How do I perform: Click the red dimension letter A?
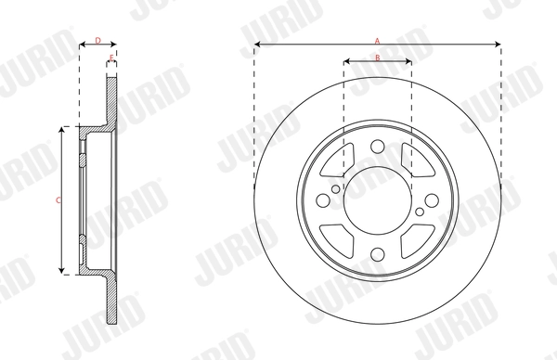(378, 40)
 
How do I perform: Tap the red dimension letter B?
(378, 58)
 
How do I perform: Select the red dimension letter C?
(58, 199)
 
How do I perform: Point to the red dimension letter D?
(97, 40)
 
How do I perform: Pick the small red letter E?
(111, 58)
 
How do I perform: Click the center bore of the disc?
(378, 199)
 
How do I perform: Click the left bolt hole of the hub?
(322, 199)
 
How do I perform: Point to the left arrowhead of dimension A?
(257, 45)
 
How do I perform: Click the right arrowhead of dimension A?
(499, 45)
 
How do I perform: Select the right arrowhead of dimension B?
(408, 63)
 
